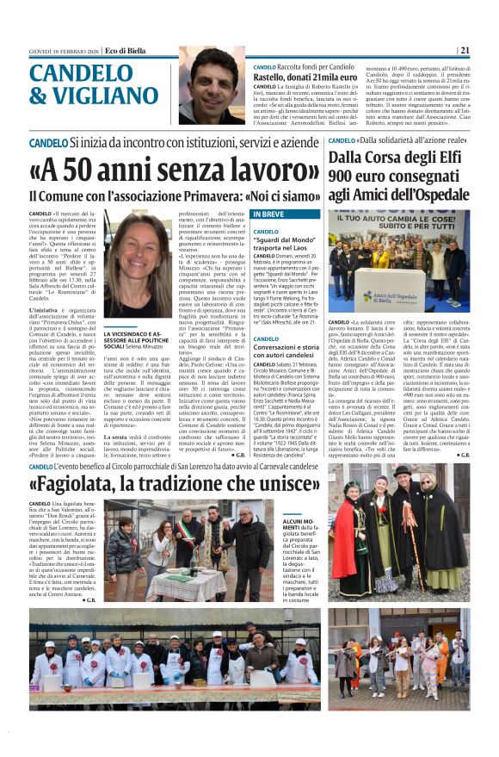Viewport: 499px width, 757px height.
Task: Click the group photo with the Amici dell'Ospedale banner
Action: [398, 262]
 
